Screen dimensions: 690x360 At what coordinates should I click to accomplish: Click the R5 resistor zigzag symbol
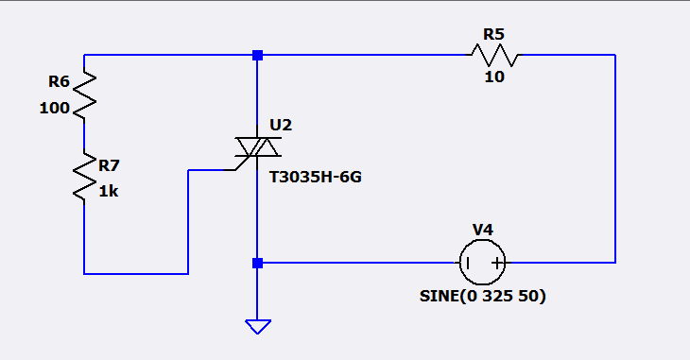point(494,55)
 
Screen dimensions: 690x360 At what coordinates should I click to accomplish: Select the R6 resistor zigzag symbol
point(84,95)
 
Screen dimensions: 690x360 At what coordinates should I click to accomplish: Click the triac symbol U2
point(257,147)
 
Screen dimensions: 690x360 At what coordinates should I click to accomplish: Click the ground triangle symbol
point(258,327)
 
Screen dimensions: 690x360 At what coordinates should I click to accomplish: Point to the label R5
point(493,34)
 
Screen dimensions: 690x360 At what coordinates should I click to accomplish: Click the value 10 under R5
point(494,77)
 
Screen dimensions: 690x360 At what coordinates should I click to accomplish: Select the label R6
point(59,81)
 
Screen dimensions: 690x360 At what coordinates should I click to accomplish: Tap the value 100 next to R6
point(55,108)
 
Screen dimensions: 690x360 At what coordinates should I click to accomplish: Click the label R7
point(109,165)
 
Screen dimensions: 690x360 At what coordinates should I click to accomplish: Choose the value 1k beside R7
point(109,192)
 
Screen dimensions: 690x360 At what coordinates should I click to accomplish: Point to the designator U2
point(281,125)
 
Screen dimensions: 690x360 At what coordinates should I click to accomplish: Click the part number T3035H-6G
point(316,177)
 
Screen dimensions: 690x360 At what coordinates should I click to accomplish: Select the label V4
point(483,230)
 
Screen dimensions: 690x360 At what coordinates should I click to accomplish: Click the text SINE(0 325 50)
point(483,296)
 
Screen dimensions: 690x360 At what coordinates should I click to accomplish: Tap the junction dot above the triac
point(257,55)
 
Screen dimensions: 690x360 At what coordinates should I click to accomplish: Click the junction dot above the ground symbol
point(257,264)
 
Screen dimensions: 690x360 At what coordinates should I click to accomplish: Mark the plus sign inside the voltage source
point(497,264)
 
